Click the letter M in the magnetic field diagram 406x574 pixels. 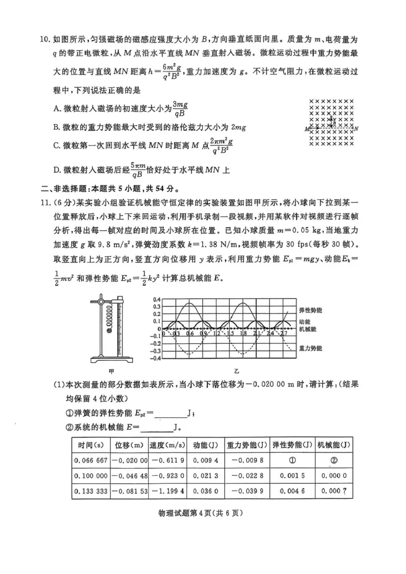point(307,129)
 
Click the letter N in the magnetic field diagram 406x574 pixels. point(356,128)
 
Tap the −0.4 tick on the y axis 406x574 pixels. point(155,358)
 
